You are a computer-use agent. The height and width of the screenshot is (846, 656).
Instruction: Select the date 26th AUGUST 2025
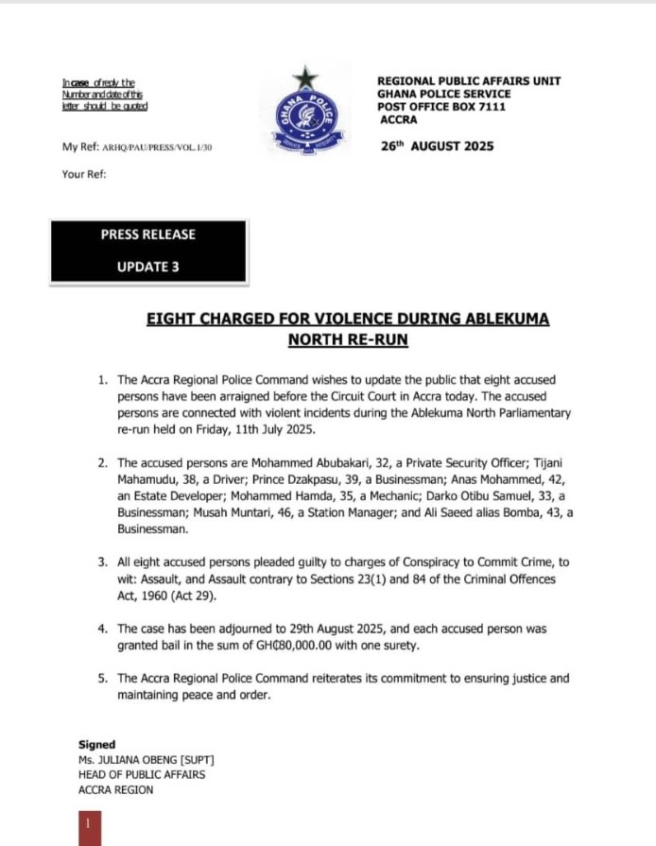[x=436, y=147]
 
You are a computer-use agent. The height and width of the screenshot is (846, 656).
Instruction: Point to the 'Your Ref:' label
[x=84, y=175]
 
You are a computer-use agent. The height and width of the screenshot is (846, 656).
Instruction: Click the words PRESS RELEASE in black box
[x=148, y=234]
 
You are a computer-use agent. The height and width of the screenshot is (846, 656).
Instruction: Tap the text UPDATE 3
[x=148, y=267]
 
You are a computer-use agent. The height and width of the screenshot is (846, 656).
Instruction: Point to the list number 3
[x=102, y=562]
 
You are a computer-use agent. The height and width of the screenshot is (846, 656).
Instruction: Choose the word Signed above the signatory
[x=96, y=745]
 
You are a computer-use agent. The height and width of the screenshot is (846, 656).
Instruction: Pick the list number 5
[x=102, y=679]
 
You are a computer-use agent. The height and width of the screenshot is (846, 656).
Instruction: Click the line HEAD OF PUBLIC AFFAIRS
[x=142, y=775]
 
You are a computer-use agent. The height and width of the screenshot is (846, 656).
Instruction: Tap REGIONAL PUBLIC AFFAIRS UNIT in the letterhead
[x=469, y=81]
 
